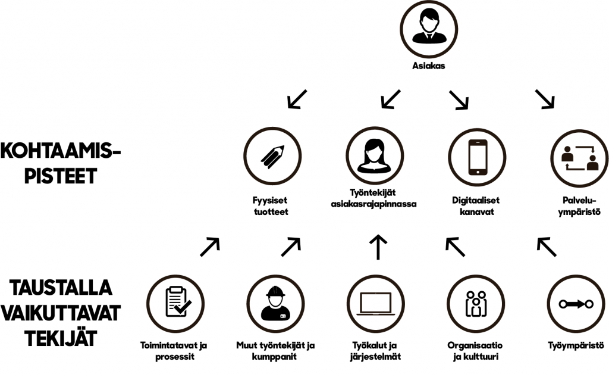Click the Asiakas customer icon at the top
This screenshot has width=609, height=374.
coord(428,27)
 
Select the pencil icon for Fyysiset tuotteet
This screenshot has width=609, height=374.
coord(272,156)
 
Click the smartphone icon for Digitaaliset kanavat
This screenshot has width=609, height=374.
coord(478,156)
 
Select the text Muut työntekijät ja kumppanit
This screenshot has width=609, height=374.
coord(275,351)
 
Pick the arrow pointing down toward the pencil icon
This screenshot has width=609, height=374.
coord(297,99)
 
